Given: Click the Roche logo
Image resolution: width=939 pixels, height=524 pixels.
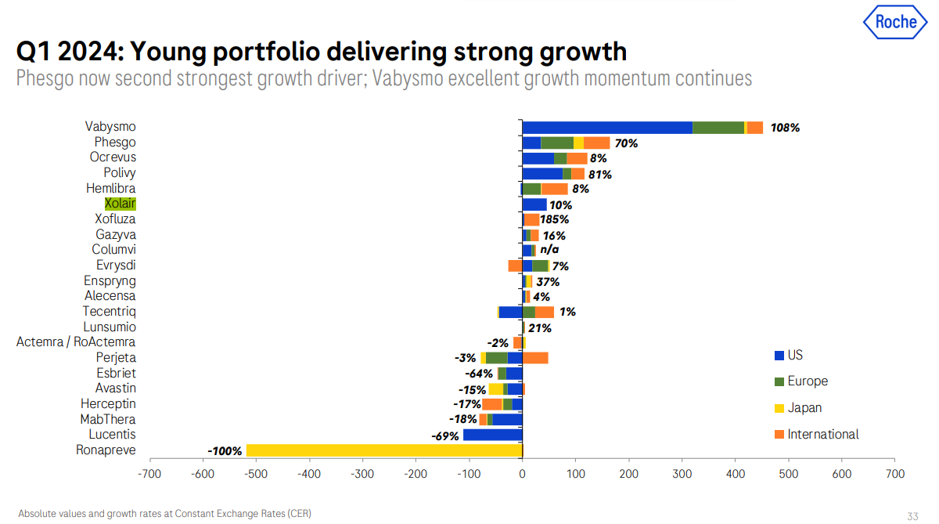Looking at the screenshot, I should click(895, 22).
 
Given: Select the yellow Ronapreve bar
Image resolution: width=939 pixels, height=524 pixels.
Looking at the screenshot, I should click(383, 450).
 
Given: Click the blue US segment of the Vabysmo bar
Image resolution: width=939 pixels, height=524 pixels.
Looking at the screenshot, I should click(607, 128).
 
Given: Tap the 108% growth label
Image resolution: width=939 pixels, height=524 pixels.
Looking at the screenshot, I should click(785, 128).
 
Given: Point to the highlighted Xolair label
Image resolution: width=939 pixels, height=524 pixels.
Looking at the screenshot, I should click(120, 204).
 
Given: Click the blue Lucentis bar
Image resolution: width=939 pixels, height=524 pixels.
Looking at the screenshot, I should click(492, 435).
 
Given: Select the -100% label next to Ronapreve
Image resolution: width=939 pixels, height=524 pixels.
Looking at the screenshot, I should click(225, 450).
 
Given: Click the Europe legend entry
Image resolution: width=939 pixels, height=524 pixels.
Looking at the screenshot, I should click(808, 381).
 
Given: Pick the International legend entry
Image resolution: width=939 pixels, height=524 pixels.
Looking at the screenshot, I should click(823, 434).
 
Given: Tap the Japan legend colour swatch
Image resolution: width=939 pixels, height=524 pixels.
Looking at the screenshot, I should click(779, 408).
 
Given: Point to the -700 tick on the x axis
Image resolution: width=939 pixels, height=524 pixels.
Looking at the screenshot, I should click(149, 474).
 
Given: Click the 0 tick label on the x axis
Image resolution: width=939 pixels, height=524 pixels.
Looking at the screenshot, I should click(522, 474).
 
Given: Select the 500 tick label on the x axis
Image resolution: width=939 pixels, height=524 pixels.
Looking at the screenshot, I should click(788, 474).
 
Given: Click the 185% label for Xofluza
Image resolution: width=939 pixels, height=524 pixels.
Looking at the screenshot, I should click(554, 219).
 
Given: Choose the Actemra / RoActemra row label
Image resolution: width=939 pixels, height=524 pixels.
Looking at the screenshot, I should click(76, 342).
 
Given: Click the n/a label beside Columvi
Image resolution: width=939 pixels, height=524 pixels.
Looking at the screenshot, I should click(549, 250).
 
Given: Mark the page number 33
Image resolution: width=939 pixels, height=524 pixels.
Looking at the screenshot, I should click(912, 516).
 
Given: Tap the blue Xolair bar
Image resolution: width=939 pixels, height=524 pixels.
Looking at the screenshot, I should click(534, 204).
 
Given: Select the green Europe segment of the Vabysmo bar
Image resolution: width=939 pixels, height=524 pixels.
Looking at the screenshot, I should click(718, 128).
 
